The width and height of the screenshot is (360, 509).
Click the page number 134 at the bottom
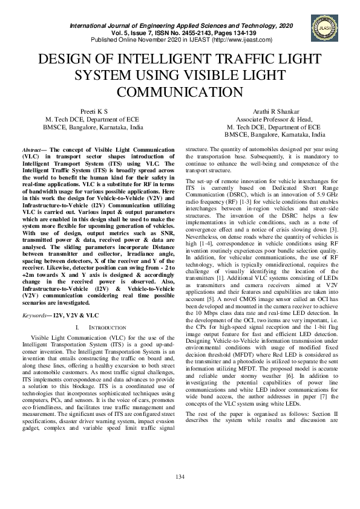(180, 478)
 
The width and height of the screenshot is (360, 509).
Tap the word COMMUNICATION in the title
(180, 92)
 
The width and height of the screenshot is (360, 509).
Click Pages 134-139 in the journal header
(266, 33)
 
